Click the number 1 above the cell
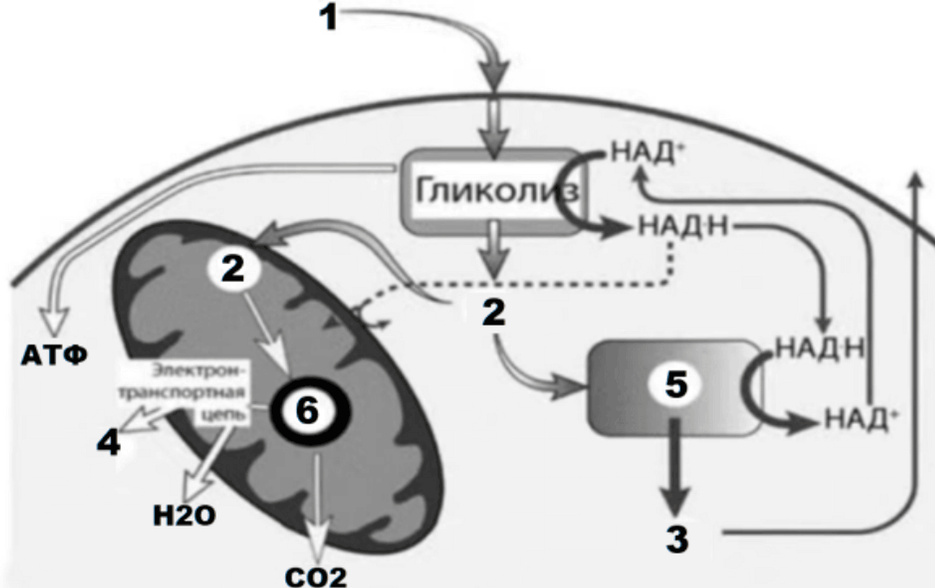click(x=328, y=18)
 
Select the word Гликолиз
click(x=497, y=191)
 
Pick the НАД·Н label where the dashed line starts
click(x=683, y=227)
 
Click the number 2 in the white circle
click(x=233, y=269)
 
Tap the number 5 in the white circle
click(x=676, y=384)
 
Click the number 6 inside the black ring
click(x=307, y=410)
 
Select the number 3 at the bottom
click(x=677, y=539)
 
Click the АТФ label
click(x=54, y=356)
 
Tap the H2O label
click(x=184, y=516)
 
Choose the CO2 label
click(x=315, y=577)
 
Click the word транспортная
click(x=181, y=393)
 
